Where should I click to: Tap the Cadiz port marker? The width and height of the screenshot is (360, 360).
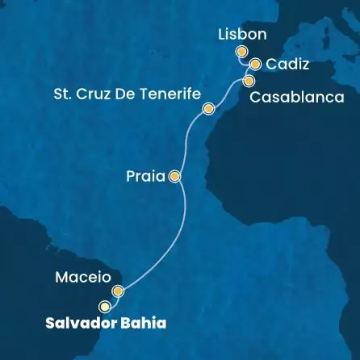tap(254, 65)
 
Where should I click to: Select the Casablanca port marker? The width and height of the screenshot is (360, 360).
tap(248, 81)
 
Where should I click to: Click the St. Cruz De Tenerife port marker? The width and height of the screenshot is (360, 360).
tap(208, 109)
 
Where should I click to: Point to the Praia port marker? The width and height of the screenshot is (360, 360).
tap(174, 174)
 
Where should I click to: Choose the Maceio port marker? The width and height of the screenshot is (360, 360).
tap(118, 291)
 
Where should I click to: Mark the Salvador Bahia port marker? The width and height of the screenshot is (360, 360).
tap(104, 307)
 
